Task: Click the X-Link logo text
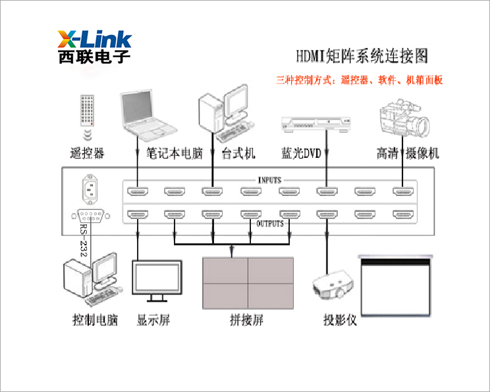(94, 38)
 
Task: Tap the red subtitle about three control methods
(359, 80)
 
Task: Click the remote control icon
(87, 110)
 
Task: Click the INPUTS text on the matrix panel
(270, 180)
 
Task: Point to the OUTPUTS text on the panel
(270, 224)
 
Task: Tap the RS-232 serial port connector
(90, 216)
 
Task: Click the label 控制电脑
(95, 321)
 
